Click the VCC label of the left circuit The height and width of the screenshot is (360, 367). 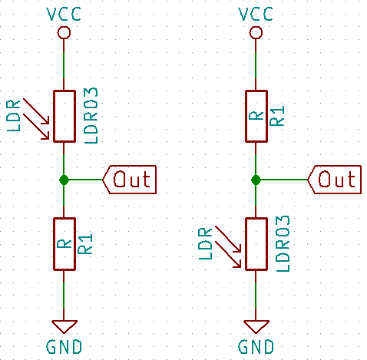[64, 14]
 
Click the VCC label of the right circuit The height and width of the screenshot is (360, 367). [255, 14]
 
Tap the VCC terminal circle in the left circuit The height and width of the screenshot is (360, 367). [64, 32]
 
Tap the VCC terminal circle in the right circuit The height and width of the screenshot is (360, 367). [255, 32]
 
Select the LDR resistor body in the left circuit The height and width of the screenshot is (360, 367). [64, 116]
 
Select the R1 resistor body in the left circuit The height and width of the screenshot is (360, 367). [64, 243]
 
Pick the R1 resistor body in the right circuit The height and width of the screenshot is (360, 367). [255, 116]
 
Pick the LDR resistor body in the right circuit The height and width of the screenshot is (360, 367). [255, 243]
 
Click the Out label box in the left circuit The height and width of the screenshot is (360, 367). [131, 179]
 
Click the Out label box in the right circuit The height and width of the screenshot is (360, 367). [335, 179]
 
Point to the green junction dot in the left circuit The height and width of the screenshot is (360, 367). [64, 180]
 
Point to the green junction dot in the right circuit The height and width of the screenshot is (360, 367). [255, 180]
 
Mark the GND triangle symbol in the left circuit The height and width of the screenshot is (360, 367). [64, 325]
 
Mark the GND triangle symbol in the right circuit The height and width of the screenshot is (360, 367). [255, 325]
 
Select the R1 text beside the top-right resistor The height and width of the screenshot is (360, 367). [278, 116]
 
